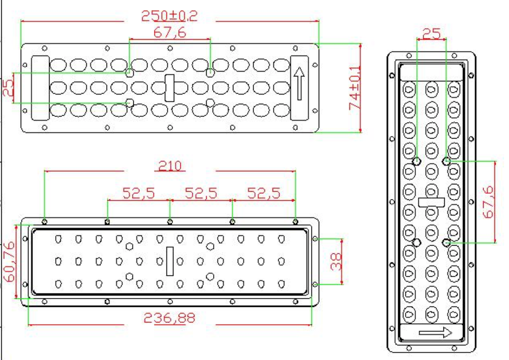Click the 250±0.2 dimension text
point(169,16)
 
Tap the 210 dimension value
point(170,166)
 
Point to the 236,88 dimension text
point(170,319)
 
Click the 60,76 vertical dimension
point(9,261)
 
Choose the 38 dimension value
point(336,262)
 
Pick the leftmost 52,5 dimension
point(138,193)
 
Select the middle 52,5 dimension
point(201,193)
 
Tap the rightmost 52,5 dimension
point(264,193)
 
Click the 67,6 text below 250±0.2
point(170,32)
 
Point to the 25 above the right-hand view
point(431,34)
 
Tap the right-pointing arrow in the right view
point(435,333)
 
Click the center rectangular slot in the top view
point(170,88)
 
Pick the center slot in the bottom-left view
point(170,261)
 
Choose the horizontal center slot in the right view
point(431,202)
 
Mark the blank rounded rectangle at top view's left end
point(41,88)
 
